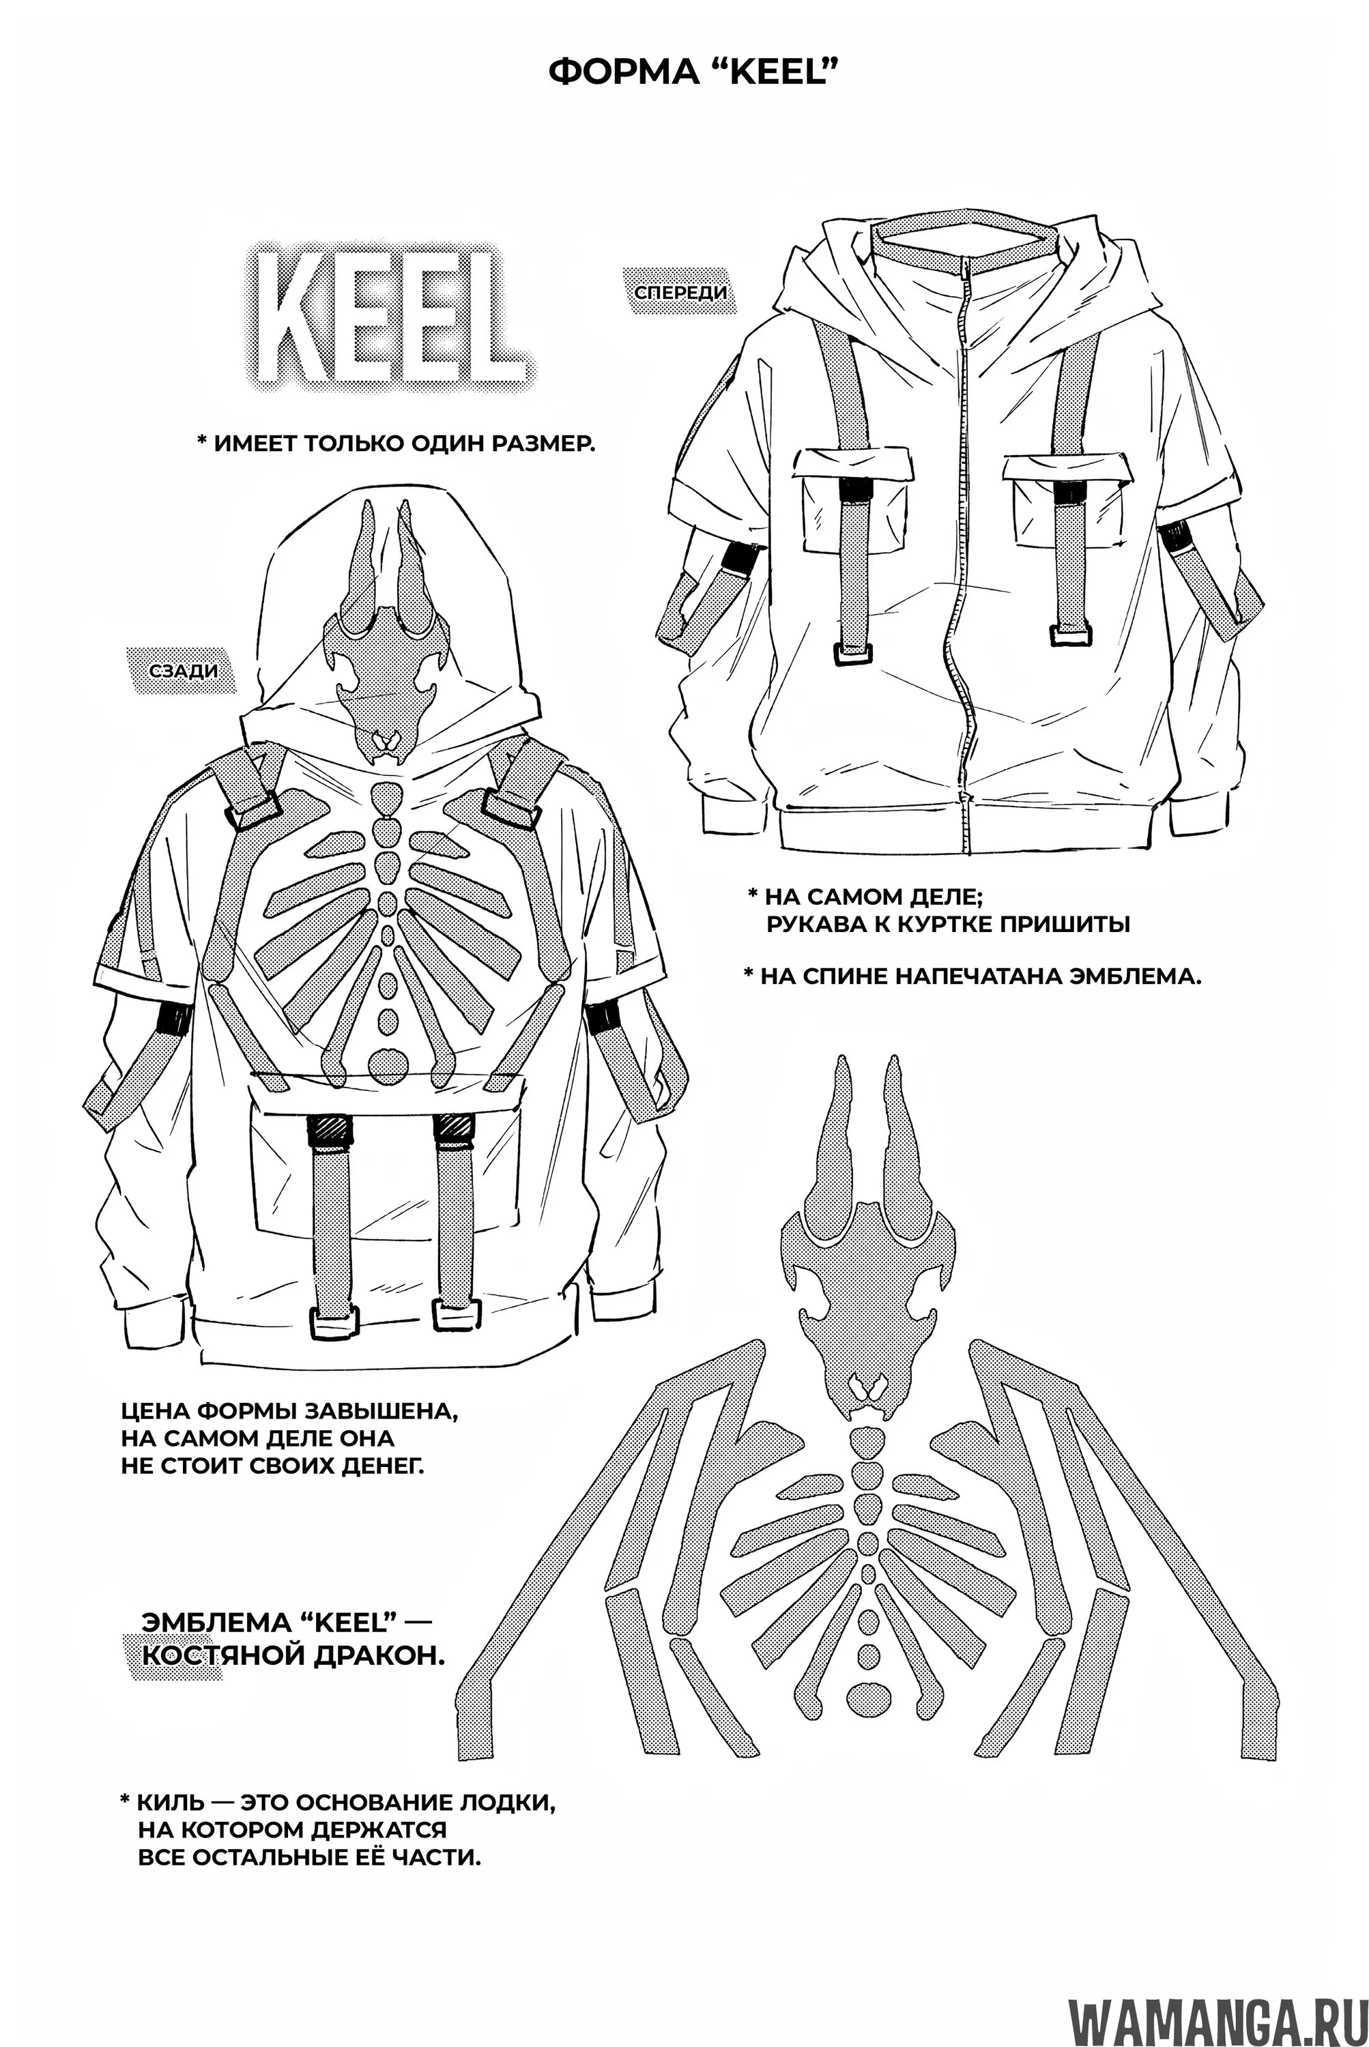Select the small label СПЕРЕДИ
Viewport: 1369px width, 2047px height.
(x=680, y=291)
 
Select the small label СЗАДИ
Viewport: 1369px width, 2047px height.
(x=184, y=671)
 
